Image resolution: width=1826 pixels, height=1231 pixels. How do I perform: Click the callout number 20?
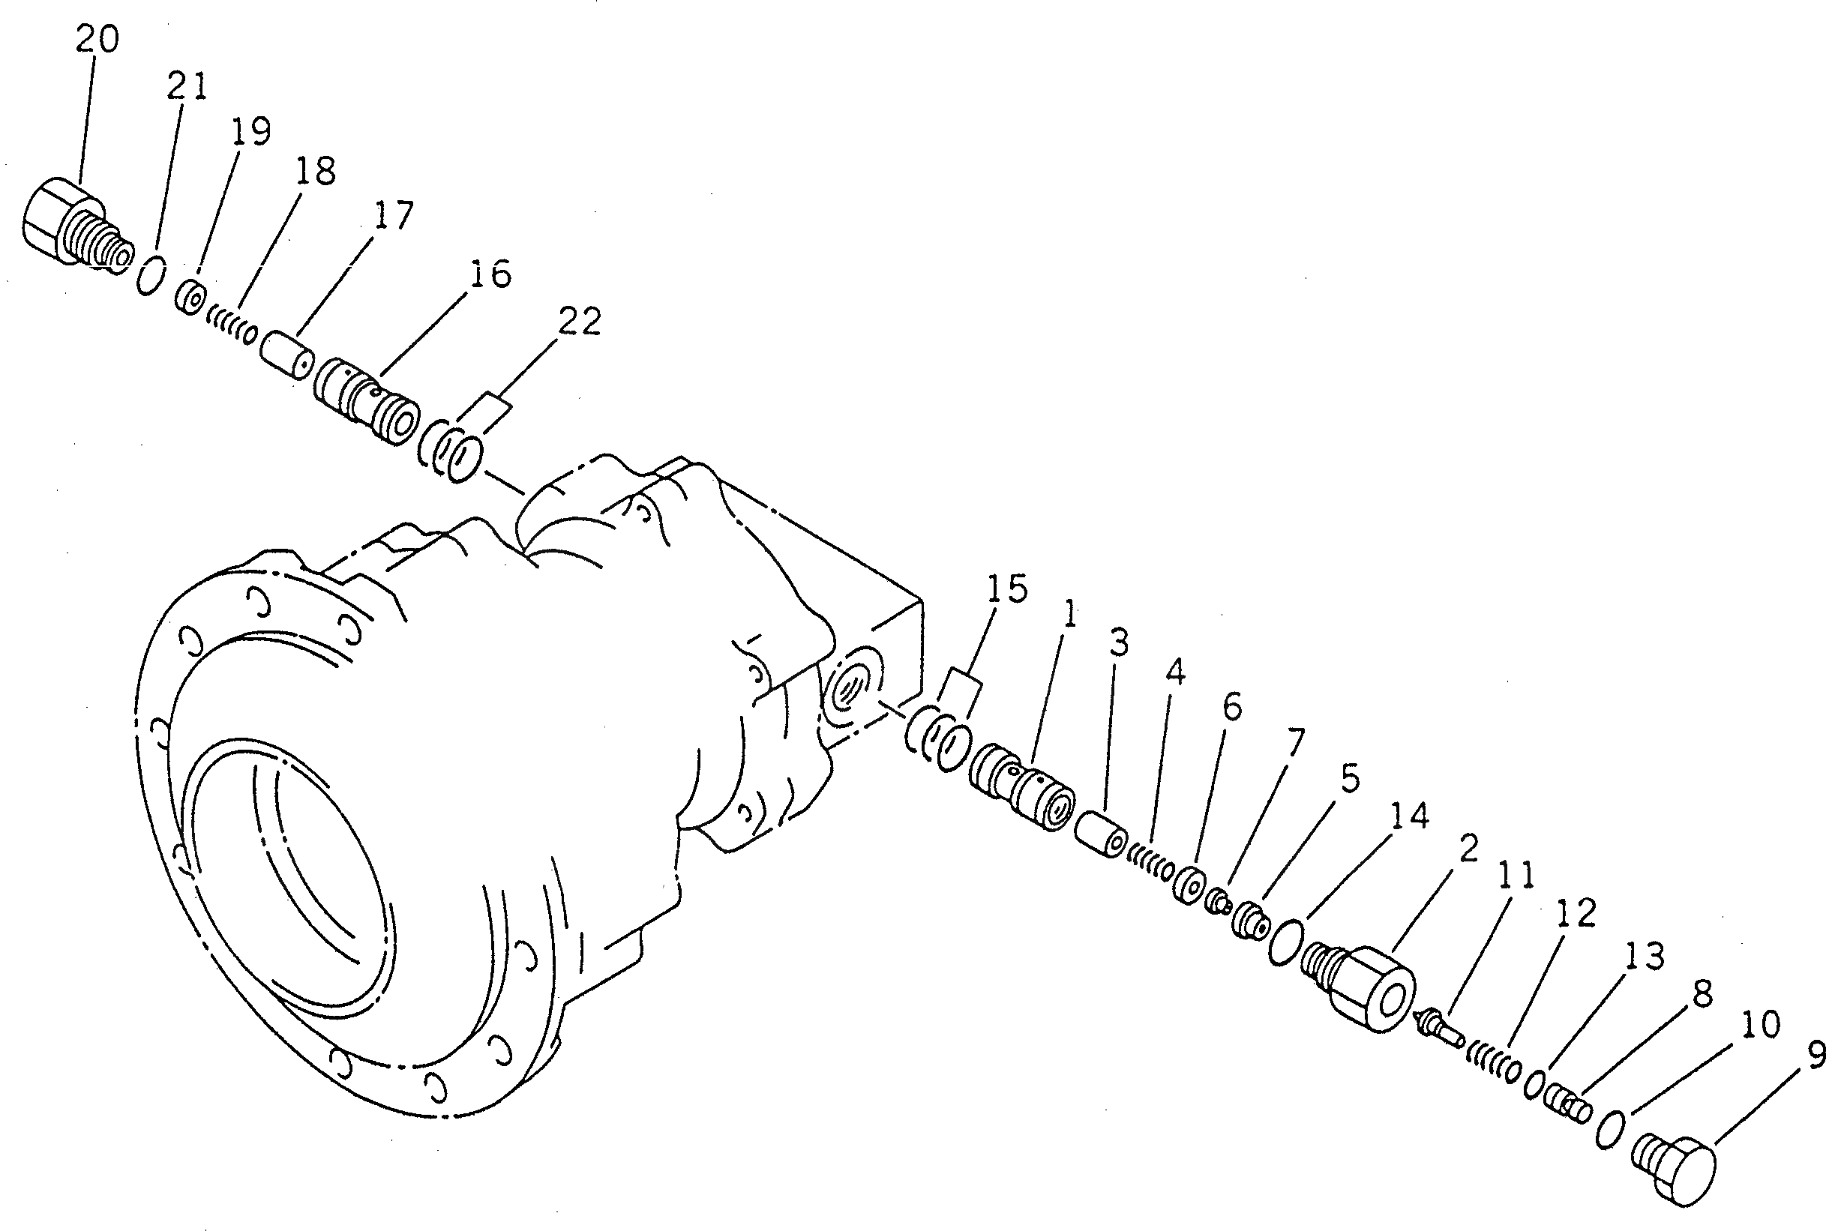[x=97, y=39]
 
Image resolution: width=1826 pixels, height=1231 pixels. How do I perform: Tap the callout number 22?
[x=580, y=321]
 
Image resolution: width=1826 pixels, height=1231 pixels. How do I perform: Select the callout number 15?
[x=1007, y=589]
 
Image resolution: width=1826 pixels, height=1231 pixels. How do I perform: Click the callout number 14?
[x=1410, y=817]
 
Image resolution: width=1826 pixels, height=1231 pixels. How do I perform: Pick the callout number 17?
[x=392, y=215]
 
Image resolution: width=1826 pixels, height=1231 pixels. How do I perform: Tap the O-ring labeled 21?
[x=151, y=276]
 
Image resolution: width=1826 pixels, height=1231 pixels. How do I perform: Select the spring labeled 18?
[x=232, y=325]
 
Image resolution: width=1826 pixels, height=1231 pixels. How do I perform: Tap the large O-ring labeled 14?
[x=1286, y=941]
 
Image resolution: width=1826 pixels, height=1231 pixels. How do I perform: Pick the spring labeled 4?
[x=1151, y=861]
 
